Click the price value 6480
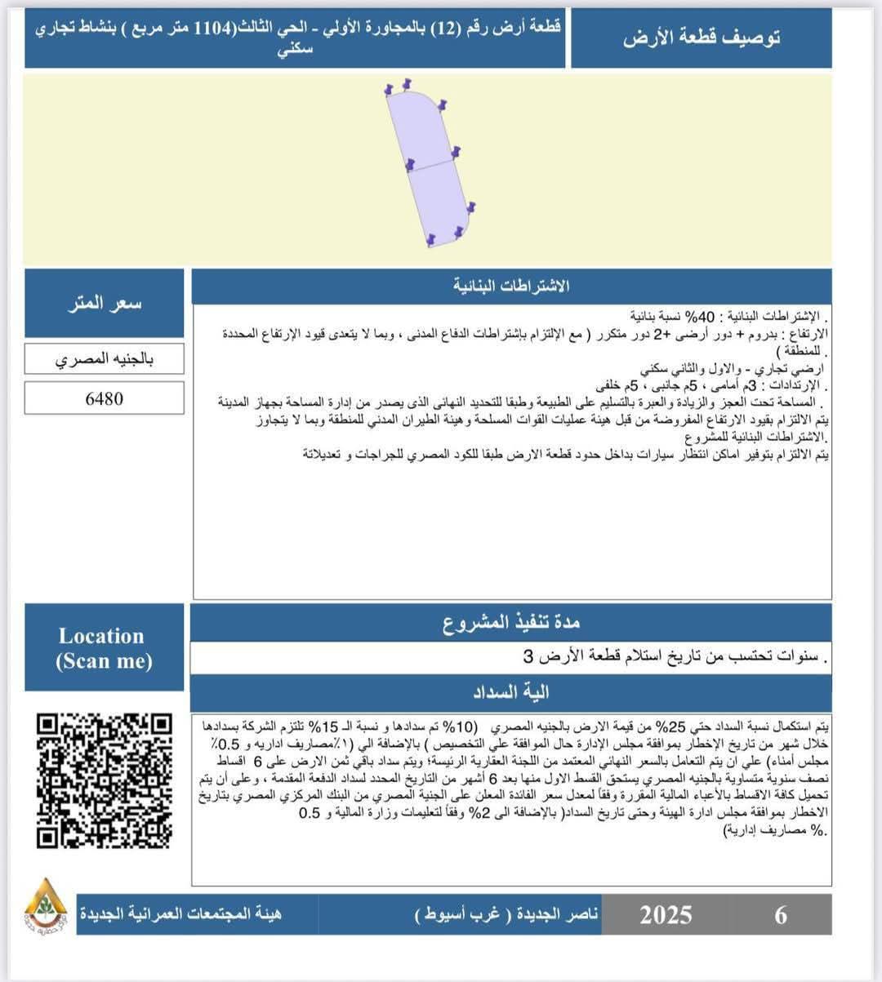[x=105, y=399]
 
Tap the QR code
[x=105, y=781]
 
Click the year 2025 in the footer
[x=666, y=915]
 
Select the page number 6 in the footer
[x=781, y=915]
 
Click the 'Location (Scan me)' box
[x=105, y=648]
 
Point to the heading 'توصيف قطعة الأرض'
[x=702, y=38]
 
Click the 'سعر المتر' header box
[x=105, y=304]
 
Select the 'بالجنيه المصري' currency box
[x=105, y=359]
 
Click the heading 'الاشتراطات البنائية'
[x=511, y=287]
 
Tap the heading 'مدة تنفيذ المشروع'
[x=511, y=624]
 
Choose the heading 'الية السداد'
[x=511, y=693]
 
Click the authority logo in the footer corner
[x=46, y=907]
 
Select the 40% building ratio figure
[x=702, y=316]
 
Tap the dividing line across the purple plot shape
[x=431, y=165]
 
